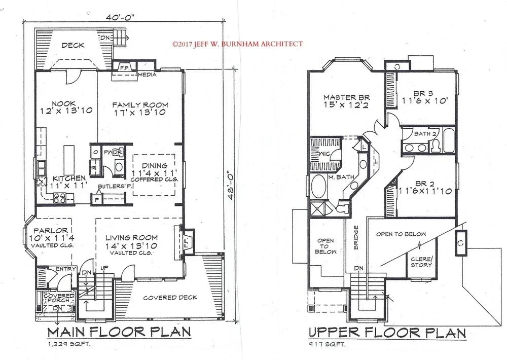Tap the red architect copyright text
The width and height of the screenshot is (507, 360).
[x=238, y=44]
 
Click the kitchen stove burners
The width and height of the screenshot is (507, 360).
[x=59, y=198]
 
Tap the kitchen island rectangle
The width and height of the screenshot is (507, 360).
[x=68, y=160]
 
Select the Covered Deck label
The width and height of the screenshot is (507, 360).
[x=170, y=298]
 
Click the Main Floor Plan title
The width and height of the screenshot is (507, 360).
[x=119, y=332]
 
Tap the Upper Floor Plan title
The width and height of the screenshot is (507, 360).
[x=387, y=333]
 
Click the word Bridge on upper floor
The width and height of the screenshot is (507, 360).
[x=356, y=237]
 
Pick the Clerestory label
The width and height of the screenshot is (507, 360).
[x=421, y=262]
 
